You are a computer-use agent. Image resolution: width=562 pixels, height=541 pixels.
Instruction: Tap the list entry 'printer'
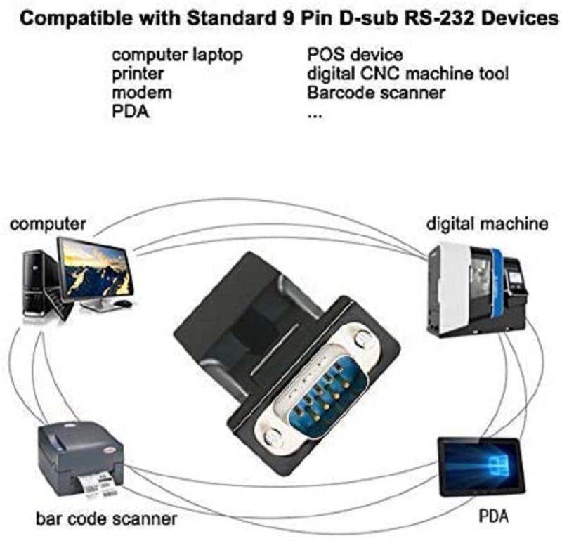pyautogui.click(x=138, y=74)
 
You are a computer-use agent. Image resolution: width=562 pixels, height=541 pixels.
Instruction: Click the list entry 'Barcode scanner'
pyautogui.click(x=376, y=93)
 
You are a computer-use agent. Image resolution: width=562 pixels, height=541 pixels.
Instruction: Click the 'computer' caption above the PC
pyautogui.click(x=48, y=224)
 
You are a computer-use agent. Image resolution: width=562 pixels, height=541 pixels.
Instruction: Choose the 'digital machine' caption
pyautogui.click(x=487, y=224)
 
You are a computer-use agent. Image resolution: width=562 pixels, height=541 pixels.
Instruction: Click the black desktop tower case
pyautogui.click(x=35, y=285)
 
